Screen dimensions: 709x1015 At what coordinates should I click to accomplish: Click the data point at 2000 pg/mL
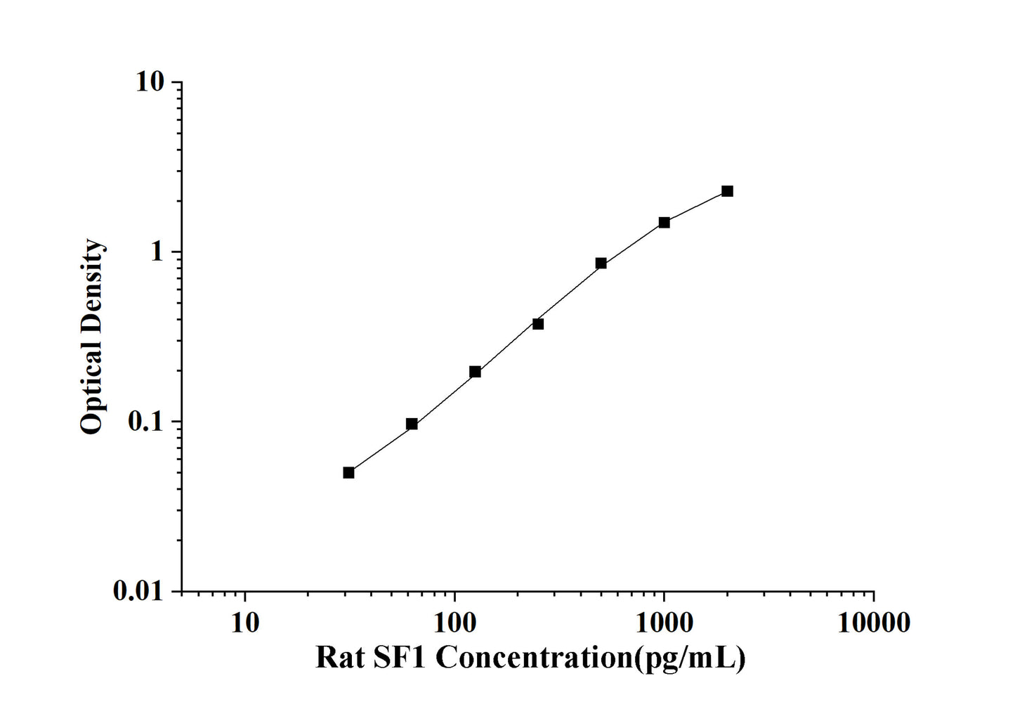coord(727,191)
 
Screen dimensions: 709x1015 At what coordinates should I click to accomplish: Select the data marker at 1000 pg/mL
coord(664,223)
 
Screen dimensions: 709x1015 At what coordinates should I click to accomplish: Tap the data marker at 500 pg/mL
coord(601,264)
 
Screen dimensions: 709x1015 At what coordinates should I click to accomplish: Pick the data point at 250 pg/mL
coord(538,324)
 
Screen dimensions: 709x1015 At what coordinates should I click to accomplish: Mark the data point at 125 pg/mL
coord(475,372)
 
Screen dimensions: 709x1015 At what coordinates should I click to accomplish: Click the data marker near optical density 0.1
coord(412,424)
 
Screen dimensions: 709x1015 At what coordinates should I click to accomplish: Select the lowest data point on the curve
coord(348,472)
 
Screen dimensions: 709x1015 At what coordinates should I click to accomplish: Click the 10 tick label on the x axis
coord(244,623)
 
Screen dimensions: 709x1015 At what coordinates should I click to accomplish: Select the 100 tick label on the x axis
coord(454,623)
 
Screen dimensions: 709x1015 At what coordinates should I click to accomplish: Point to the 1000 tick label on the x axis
coord(664,623)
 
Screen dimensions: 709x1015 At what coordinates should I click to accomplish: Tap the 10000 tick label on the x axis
coord(874,623)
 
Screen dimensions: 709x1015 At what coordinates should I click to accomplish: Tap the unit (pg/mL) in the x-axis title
coord(690,659)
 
